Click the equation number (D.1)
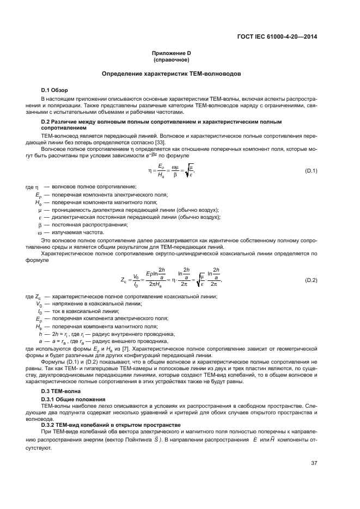point(311,171)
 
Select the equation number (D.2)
point(311,280)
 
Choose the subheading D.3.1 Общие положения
point(74,399)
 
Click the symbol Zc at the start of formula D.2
point(124,280)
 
